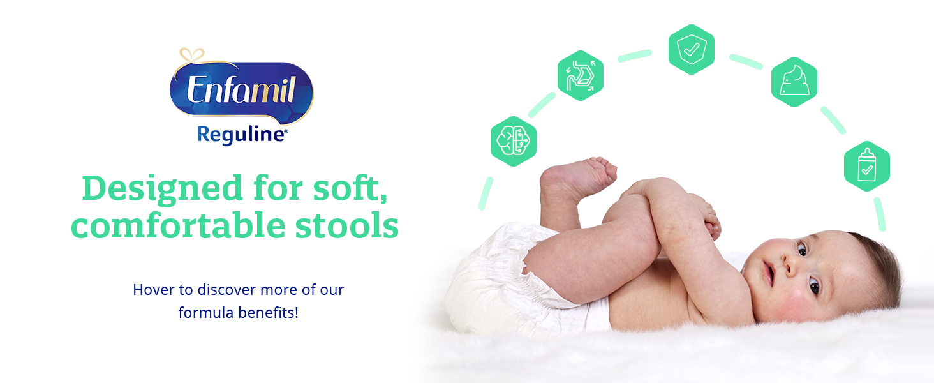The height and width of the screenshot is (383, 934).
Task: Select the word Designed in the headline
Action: [x=162, y=188]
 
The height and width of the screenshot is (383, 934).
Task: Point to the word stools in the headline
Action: [x=347, y=226]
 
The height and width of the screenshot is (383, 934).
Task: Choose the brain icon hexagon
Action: [x=514, y=141]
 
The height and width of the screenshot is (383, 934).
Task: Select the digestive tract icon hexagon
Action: [x=580, y=75]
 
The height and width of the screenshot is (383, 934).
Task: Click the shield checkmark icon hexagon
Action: [x=692, y=49]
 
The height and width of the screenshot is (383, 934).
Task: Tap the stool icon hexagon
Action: [x=794, y=82]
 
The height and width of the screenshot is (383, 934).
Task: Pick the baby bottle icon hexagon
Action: [x=867, y=166]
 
